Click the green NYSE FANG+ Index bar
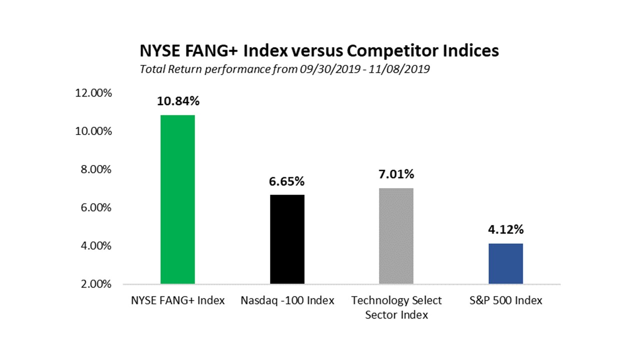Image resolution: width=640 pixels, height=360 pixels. [x=177, y=199]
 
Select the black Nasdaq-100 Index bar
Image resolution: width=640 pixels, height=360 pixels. [x=287, y=239]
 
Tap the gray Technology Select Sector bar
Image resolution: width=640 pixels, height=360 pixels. [x=396, y=236]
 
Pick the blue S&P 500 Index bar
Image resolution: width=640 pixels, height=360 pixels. [x=505, y=263]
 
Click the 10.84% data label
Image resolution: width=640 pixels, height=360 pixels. [x=178, y=101]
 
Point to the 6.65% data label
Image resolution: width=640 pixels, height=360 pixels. [x=286, y=181]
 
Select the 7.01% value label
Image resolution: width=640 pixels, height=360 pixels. [x=396, y=174]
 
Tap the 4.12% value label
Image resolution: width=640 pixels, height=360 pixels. [x=505, y=229]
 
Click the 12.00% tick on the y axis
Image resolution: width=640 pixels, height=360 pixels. [x=93, y=93]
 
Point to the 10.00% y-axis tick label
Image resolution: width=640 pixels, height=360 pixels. [x=93, y=131]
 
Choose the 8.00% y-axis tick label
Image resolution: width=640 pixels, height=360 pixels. [x=96, y=169]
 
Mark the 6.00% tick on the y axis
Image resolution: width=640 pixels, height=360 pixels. [x=96, y=207]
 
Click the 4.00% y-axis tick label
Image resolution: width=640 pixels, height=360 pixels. [x=96, y=245]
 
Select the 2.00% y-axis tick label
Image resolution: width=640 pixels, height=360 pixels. [x=96, y=284]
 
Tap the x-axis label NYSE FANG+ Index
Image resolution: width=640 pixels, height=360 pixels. [x=177, y=300]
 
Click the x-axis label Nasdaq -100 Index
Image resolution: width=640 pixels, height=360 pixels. [x=287, y=300]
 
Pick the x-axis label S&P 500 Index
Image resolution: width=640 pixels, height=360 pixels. [x=505, y=300]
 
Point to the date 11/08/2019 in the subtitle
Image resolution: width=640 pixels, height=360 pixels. [x=399, y=69]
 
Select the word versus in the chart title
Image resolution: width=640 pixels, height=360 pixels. [x=317, y=51]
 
